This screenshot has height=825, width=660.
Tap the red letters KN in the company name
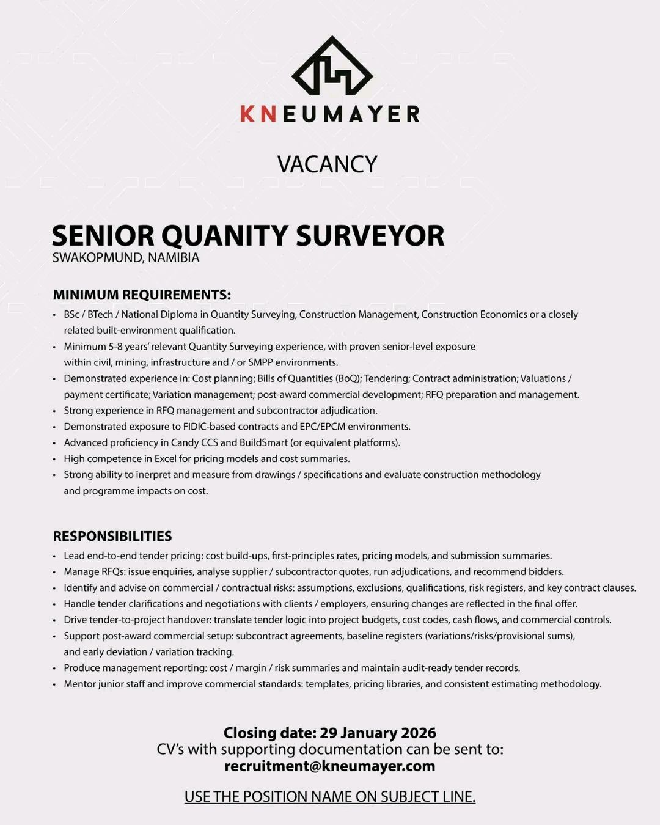point(258,114)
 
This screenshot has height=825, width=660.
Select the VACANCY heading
point(328,164)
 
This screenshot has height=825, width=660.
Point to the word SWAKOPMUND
point(97,257)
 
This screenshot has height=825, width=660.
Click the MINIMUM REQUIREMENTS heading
point(142,295)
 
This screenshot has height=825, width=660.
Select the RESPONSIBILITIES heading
point(112,536)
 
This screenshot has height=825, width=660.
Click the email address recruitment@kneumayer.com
point(330,766)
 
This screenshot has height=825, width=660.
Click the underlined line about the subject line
point(330,797)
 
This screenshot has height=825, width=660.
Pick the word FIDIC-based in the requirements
point(208,427)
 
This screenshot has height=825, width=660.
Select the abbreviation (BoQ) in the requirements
point(348,378)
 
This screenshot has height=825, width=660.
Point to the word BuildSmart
point(263,442)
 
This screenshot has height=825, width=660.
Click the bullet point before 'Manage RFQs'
point(55,572)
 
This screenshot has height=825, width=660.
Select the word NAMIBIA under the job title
point(174,257)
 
